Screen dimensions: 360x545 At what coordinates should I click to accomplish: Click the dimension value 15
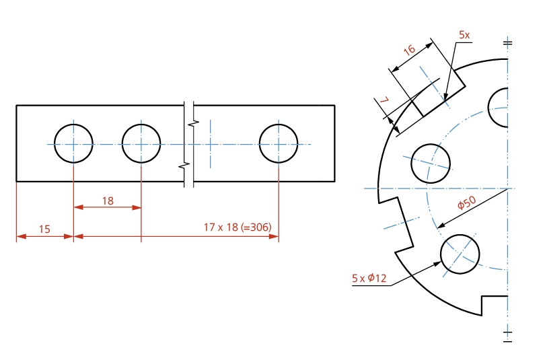(x=44, y=229)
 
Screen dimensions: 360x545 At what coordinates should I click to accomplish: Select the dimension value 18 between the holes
(x=108, y=201)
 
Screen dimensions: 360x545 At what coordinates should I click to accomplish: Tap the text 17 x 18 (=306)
(x=237, y=227)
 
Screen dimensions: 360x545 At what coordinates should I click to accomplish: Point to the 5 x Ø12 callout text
(x=369, y=279)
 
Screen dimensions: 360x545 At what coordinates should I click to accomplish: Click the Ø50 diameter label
(x=466, y=203)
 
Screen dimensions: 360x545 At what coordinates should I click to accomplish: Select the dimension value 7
(x=384, y=101)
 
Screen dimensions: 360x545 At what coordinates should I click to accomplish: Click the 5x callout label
(x=464, y=34)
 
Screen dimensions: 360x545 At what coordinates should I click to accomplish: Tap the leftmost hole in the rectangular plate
(x=73, y=143)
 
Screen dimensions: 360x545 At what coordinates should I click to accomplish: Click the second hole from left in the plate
(x=141, y=143)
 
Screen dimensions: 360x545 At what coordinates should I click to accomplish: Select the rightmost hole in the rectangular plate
(x=279, y=143)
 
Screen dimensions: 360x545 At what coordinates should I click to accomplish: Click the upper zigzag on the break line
(x=192, y=123)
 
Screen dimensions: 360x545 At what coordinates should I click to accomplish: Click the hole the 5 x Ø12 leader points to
(x=460, y=253)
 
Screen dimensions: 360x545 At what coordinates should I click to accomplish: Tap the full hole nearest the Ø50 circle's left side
(x=431, y=163)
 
